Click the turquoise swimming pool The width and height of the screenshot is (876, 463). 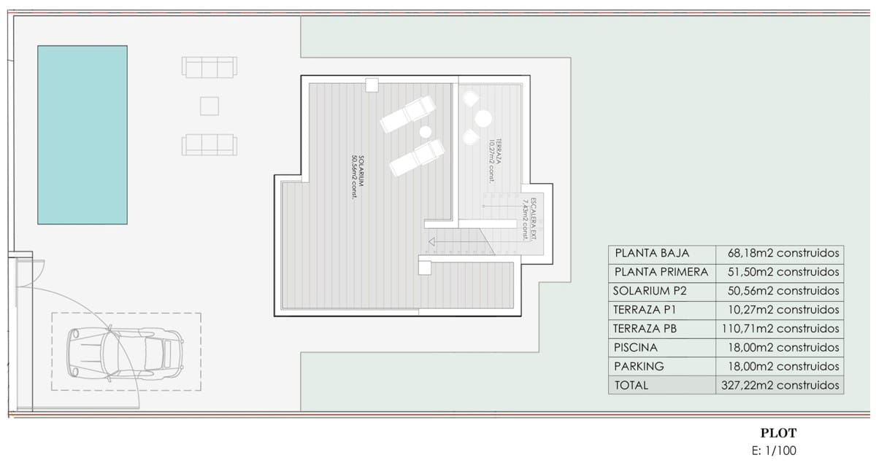(82, 134)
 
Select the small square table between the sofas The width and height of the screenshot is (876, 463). (210, 106)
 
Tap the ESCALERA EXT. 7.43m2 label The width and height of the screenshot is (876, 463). (530, 218)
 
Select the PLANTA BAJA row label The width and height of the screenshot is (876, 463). (652, 254)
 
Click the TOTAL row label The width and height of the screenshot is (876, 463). (631, 386)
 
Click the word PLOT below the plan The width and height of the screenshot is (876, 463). (778, 433)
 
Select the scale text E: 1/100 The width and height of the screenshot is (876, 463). (778, 451)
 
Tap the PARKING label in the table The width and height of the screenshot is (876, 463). (640, 367)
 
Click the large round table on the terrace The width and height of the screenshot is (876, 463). (482, 117)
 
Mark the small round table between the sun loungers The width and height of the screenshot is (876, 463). (425, 132)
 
